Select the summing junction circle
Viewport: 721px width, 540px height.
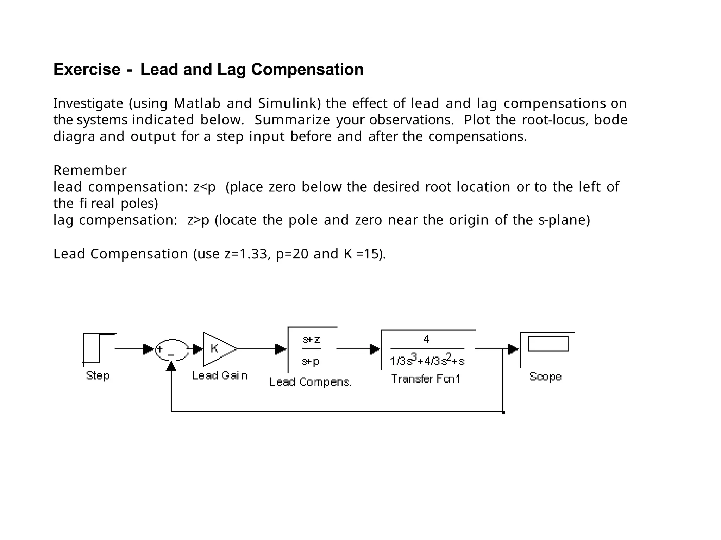coord(172,349)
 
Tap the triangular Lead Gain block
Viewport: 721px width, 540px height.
coord(218,349)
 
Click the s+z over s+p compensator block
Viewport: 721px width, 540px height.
coord(312,350)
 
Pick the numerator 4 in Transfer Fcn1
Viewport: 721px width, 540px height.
coord(426,339)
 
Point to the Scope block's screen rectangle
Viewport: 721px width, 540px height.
coord(548,343)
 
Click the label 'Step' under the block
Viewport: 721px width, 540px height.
coord(98,376)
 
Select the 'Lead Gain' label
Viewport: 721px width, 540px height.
coord(220,376)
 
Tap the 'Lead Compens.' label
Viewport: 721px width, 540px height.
coord(310,382)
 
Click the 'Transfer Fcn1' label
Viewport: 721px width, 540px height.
coord(426,379)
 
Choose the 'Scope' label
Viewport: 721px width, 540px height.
coord(545,377)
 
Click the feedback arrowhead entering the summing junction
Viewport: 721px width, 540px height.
coord(171,366)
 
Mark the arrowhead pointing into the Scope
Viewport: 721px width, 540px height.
coord(514,349)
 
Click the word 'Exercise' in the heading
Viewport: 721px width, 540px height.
coord(87,69)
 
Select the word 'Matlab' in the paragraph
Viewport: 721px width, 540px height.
coord(197,103)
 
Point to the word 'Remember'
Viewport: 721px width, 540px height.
coord(90,170)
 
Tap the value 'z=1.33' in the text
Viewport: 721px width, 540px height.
coord(245,254)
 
